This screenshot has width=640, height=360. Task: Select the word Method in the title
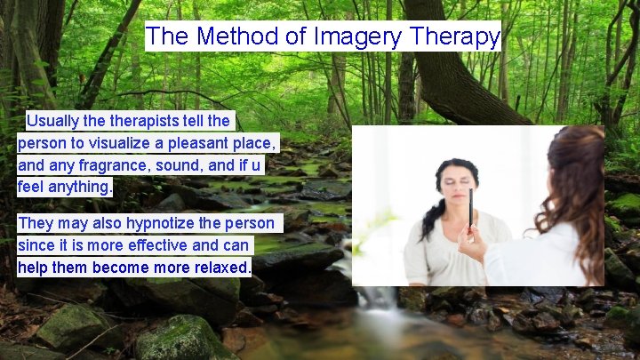pyautogui.click(x=233, y=37)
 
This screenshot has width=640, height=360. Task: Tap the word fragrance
pyautogui.click(x=119, y=164)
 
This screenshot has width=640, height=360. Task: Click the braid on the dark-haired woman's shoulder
pyautogui.click(x=430, y=219)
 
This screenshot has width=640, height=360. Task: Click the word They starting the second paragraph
pyautogui.click(x=36, y=222)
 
